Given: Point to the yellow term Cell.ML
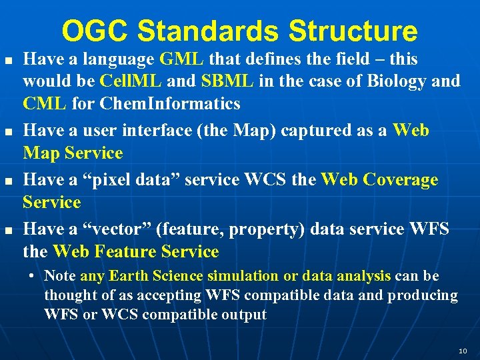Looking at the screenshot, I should pos(131,81).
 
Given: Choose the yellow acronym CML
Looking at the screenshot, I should pos(45,103).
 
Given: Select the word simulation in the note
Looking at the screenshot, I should pos(243,275).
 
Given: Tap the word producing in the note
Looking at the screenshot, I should pos(423,295).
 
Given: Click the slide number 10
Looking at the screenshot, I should pos(463,351).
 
